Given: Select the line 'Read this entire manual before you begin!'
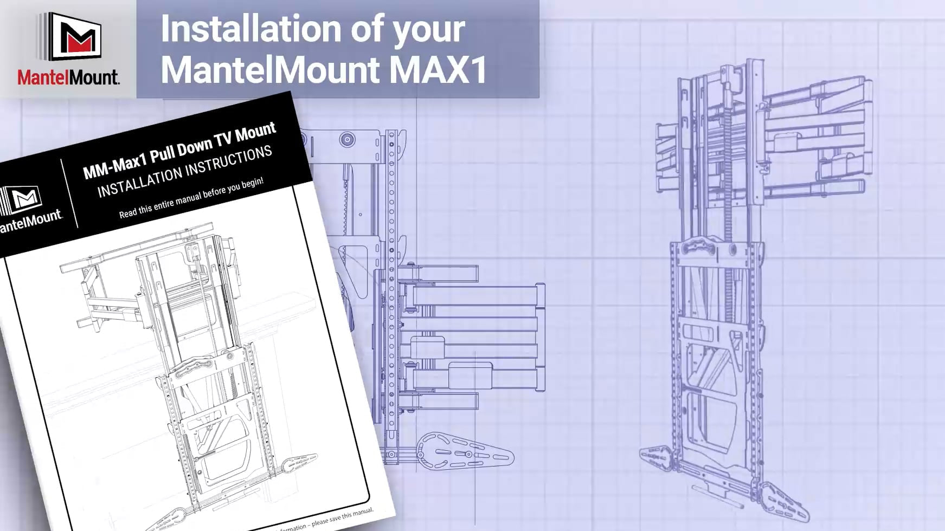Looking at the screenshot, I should (x=191, y=197).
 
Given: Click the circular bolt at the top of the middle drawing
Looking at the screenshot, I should (x=347, y=140).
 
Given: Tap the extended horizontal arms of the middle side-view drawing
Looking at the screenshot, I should (x=472, y=336).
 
